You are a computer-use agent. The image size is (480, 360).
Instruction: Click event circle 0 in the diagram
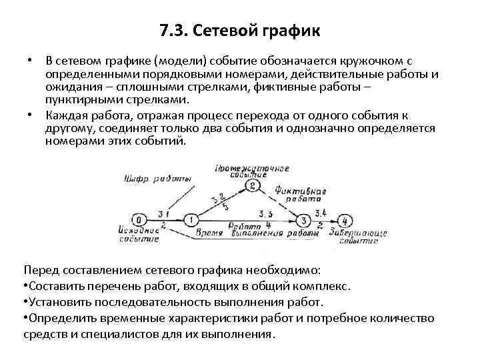click(x=139, y=219)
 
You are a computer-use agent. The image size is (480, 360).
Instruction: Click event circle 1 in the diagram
click(x=191, y=219)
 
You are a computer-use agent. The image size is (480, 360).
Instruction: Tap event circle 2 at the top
click(x=251, y=186)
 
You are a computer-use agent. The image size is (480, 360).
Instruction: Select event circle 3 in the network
click(x=304, y=219)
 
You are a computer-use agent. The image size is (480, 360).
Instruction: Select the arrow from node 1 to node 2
click(x=221, y=203)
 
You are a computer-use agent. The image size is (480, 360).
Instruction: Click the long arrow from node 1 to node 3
click(x=247, y=220)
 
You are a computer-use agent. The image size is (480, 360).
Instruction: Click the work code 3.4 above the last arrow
click(x=320, y=213)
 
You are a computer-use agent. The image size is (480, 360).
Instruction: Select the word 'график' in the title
click(x=294, y=31)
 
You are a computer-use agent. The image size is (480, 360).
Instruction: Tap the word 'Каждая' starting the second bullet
click(x=65, y=114)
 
